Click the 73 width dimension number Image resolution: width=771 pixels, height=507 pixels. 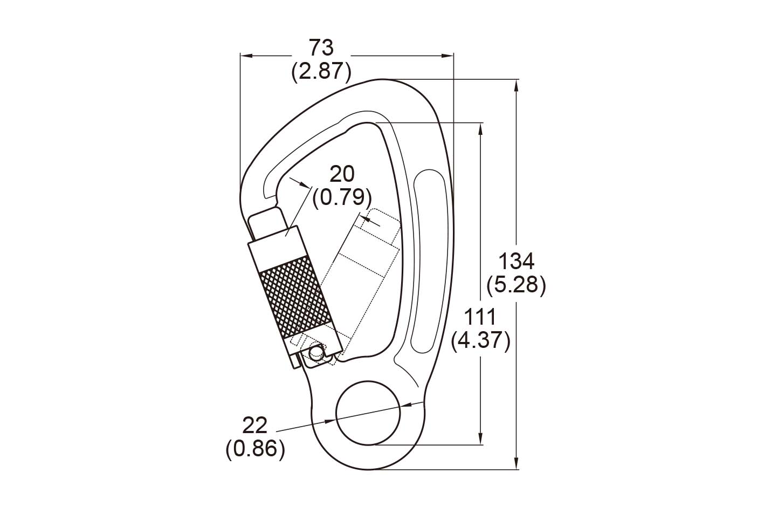(321, 47)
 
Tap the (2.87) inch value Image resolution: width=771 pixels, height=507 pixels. (321, 72)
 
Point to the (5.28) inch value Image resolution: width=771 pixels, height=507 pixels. (517, 285)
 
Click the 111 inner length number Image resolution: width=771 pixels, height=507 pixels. (480, 317)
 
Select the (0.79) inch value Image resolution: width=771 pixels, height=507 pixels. (342, 198)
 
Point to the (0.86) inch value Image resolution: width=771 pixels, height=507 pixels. (256, 449)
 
